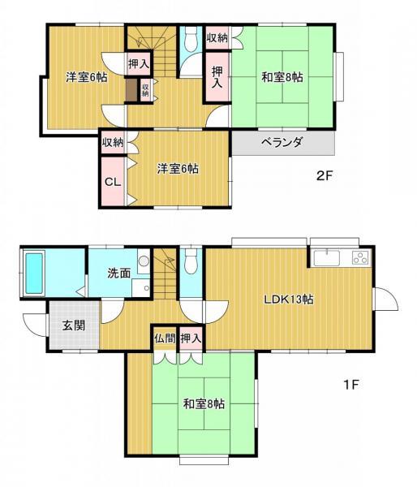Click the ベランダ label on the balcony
282,143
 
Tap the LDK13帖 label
289,300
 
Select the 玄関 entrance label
74,325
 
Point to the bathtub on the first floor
34,274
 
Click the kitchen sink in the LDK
327,258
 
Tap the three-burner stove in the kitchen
360,258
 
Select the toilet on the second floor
191,40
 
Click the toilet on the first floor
191,261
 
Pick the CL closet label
113,182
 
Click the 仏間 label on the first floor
165,338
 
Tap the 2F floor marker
325,176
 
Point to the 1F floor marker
351,385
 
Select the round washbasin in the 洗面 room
144,261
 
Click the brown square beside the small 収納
131,90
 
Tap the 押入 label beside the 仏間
191,338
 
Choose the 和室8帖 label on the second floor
282,76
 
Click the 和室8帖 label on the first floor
204,403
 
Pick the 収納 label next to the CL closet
113,143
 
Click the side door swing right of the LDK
386,299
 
